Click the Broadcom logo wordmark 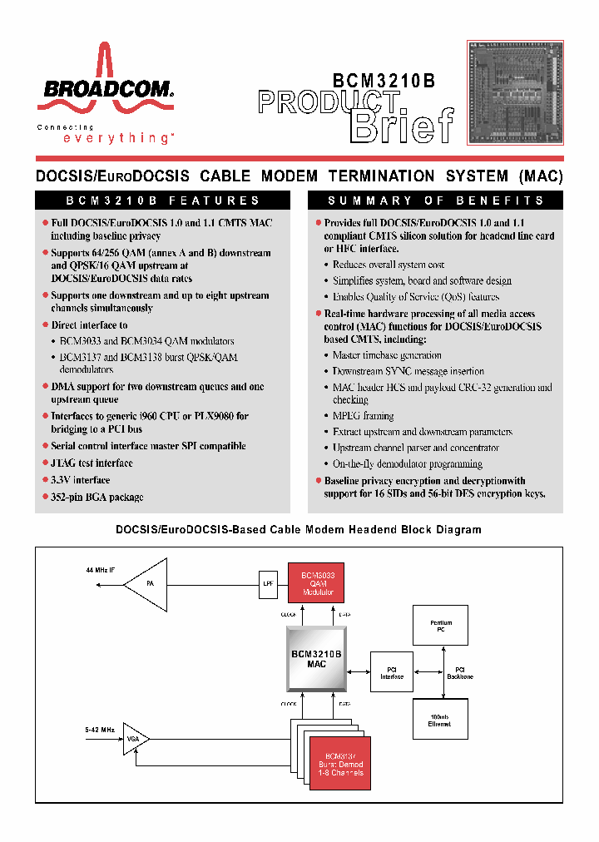coord(105,89)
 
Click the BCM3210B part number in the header coord(384,81)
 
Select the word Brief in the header coord(403,126)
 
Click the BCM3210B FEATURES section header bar coord(163,201)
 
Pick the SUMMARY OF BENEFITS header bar coord(435,201)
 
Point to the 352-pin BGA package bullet coord(97,497)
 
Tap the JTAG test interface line coord(92,463)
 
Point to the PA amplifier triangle coord(148,585)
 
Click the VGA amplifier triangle coord(134,738)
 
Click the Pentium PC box coord(441,626)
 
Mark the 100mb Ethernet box coord(440,721)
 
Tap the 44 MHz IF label coord(101,570)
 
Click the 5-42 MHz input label coord(100,730)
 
